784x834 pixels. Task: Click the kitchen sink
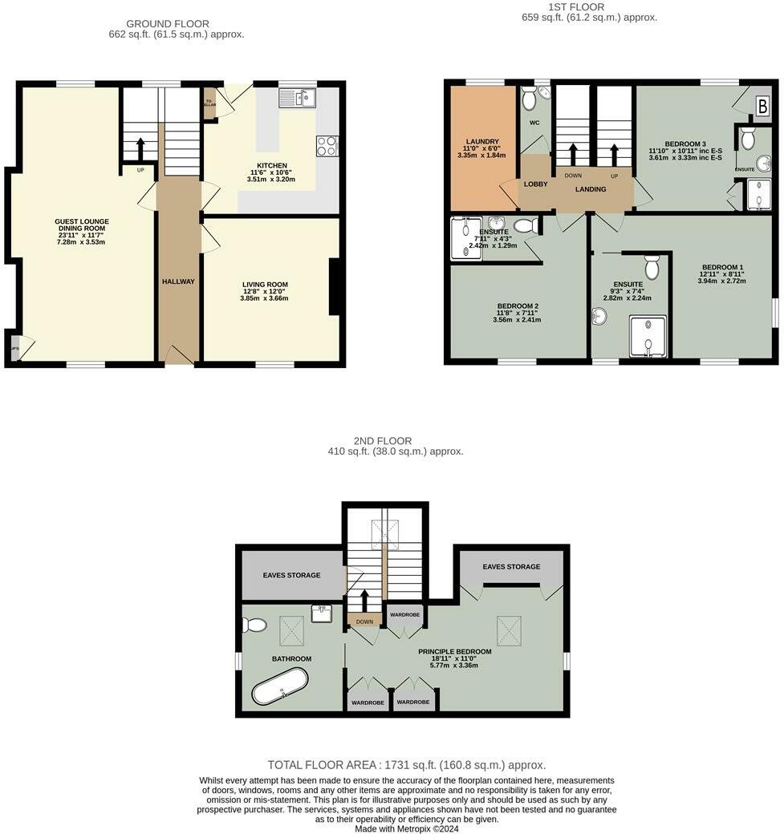click(298, 99)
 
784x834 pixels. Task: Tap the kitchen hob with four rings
click(327, 146)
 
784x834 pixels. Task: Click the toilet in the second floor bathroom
click(256, 625)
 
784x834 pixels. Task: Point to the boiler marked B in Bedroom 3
click(762, 106)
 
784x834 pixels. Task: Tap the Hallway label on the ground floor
click(178, 281)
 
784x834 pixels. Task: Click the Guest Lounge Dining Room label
click(82, 231)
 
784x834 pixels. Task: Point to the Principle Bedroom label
click(453, 658)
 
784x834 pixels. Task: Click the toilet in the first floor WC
click(530, 99)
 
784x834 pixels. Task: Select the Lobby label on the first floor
click(535, 184)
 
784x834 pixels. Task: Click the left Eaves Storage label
click(291, 575)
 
